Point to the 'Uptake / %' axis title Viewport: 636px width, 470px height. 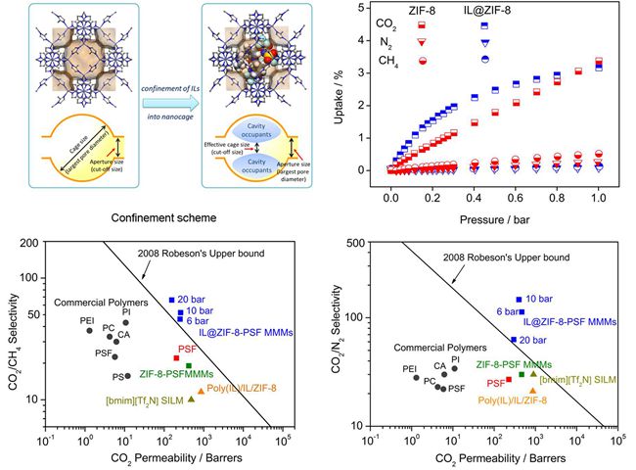(339, 93)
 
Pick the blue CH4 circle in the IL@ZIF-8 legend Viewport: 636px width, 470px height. (484, 60)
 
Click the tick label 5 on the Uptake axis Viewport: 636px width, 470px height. (363, 8)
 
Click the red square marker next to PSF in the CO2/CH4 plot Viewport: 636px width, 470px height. (176, 357)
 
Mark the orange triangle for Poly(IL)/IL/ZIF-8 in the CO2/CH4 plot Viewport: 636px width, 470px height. (202, 391)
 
